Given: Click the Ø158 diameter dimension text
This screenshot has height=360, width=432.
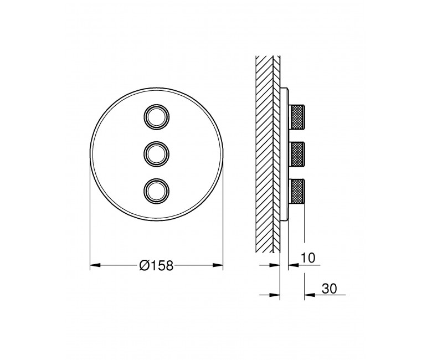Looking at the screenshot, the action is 157,265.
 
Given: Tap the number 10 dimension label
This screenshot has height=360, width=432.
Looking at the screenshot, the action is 307,258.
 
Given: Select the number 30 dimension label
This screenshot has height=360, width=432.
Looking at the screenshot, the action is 329,289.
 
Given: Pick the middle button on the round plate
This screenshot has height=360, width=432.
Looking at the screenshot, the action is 156,154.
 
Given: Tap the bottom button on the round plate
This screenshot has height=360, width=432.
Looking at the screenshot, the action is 156,191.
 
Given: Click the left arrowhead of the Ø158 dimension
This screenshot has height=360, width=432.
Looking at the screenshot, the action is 95,265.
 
